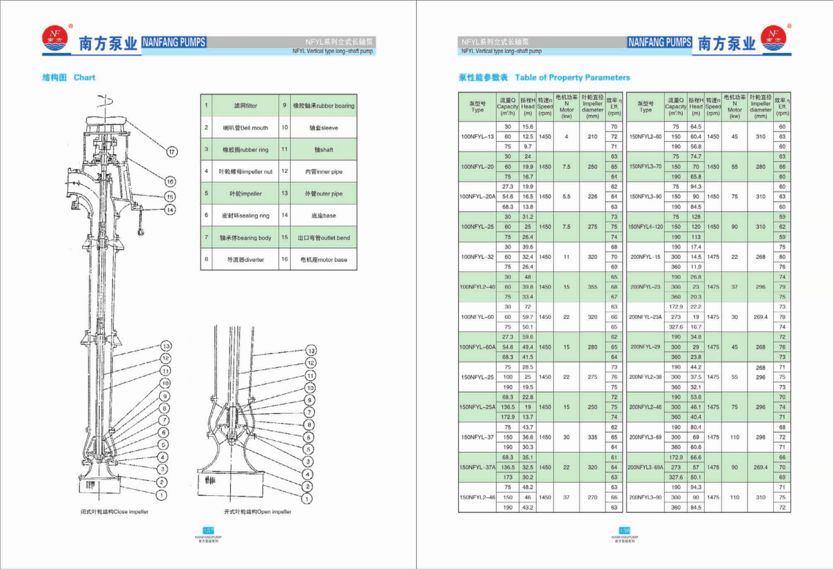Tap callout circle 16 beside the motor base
tap(169, 182)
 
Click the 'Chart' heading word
tap(85, 78)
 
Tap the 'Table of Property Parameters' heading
tap(572, 78)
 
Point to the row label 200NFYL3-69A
tap(646, 467)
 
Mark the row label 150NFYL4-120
tap(646, 227)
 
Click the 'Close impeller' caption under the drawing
tap(114, 512)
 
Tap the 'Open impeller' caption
tap(258, 512)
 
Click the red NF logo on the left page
tap(54, 39)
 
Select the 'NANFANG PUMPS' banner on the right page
tap(659, 42)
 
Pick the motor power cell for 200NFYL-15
tap(734, 257)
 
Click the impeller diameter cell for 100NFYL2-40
tap(593, 287)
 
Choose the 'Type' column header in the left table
tap(477, 110)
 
